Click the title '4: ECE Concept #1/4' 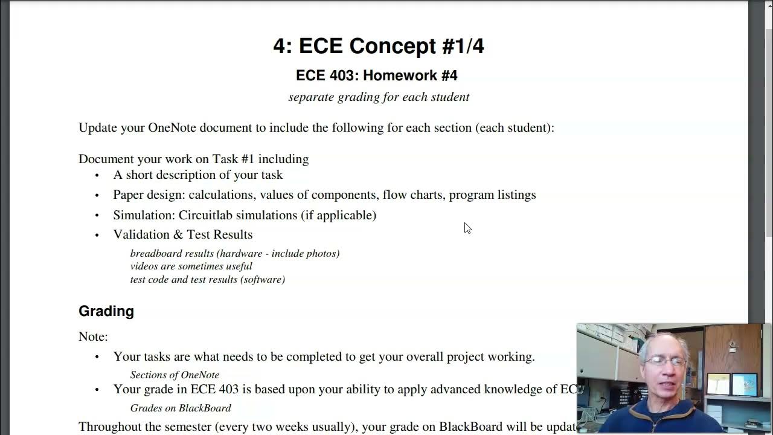coord(379,46)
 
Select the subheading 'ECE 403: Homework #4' coord(376,76)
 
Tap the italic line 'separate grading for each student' coord(379,97)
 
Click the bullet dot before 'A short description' coord(97,175)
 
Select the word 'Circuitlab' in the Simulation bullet coord(205,215)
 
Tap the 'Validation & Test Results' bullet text coord(182,234)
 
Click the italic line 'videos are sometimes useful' coord(191,266)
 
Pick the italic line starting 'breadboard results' coord(234,253)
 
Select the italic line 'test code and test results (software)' coord(207,279)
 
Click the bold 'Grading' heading coord(106,311)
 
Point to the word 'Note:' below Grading coord(93,337)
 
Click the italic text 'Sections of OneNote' coord(175,375)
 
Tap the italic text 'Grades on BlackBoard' coord(181,408)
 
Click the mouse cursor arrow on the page coord(467,227)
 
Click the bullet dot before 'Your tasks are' coord(97,357)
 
